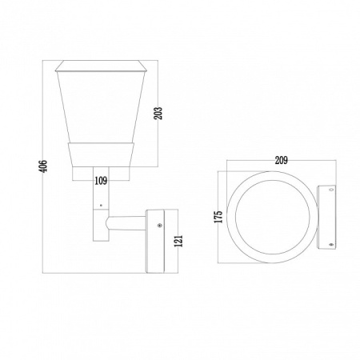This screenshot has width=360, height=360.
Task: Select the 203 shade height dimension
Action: pos(158,113)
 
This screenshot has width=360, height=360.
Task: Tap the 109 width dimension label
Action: pos(101,181)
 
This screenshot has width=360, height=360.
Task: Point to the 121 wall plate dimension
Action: pos(178,241)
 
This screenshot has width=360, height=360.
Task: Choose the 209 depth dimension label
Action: pos(282,160)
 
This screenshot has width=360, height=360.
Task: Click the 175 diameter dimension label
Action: pos(218,217)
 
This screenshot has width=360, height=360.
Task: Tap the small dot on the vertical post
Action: pos(101,205)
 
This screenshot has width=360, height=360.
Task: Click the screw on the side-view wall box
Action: pos(160,226)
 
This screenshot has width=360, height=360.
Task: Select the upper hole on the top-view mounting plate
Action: pos(331,190)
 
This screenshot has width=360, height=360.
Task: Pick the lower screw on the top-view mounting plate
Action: pos(331,244)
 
